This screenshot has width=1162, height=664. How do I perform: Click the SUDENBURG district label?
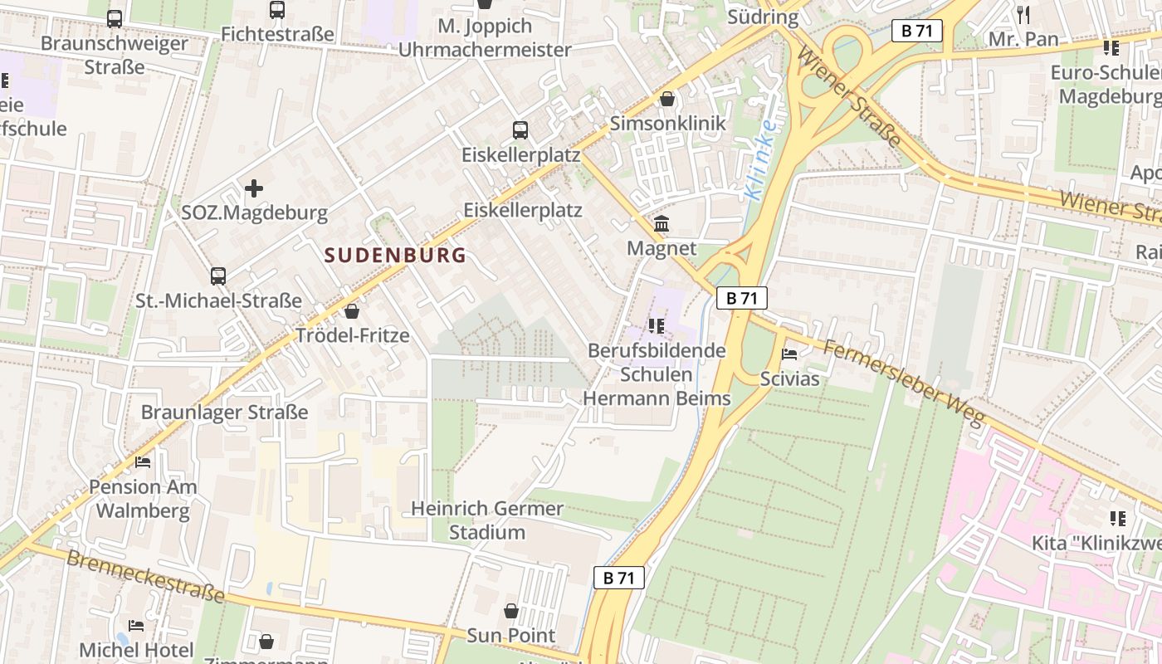click(x=395, y=255)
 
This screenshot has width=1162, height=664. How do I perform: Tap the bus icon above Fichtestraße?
click(x=277, y=10)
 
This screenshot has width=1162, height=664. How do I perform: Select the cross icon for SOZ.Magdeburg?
click(x=254, y=188)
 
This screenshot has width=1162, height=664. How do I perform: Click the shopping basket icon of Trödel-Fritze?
click(x=352, y=311)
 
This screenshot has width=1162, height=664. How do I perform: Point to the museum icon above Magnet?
click(x=662, y=224)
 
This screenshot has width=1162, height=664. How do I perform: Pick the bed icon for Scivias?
click(x=789, y=354)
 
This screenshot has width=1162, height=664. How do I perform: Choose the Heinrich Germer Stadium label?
click(x=487, y=520)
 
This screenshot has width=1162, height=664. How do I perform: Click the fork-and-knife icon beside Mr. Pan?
click(x=1023, y=14)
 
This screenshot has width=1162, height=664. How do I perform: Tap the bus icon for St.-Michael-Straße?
click(x=218, y=276)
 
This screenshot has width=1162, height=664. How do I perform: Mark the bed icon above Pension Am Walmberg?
click(x=143, y=462)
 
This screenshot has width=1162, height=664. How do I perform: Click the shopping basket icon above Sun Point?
click(x=511, y=611)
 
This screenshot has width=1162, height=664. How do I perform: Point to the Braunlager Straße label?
click(x=224, y=413)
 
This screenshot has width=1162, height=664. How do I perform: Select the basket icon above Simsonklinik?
click(x=667, y=100)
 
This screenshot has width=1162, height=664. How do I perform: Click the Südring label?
click(x=762, y=17)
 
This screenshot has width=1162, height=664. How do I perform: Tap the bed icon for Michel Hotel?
click(x=136, y=625)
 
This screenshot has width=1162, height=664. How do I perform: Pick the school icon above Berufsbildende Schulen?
click(x=657, y=326)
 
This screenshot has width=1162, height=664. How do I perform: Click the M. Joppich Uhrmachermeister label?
click(x=485, y=37)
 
